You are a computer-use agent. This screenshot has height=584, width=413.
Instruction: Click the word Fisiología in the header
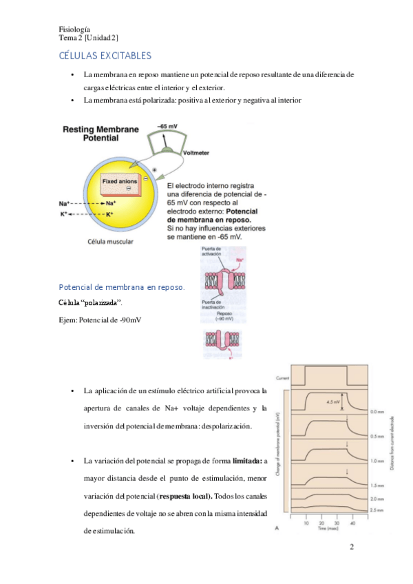click(x=75, y=29)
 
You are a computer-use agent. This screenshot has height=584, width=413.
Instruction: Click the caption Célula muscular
click(x=111, y=242)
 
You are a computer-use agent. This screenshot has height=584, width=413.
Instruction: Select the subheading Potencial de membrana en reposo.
click(x=122, y=286)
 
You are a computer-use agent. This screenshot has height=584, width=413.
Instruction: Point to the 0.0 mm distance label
click(x=377, y=412)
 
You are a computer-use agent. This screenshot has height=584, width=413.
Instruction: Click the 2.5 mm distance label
click(x=377, y=510)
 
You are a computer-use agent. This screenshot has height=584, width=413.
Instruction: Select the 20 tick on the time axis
click(x=321, y=523)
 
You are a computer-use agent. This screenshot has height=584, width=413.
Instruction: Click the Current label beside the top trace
click(x=282, y=378)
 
